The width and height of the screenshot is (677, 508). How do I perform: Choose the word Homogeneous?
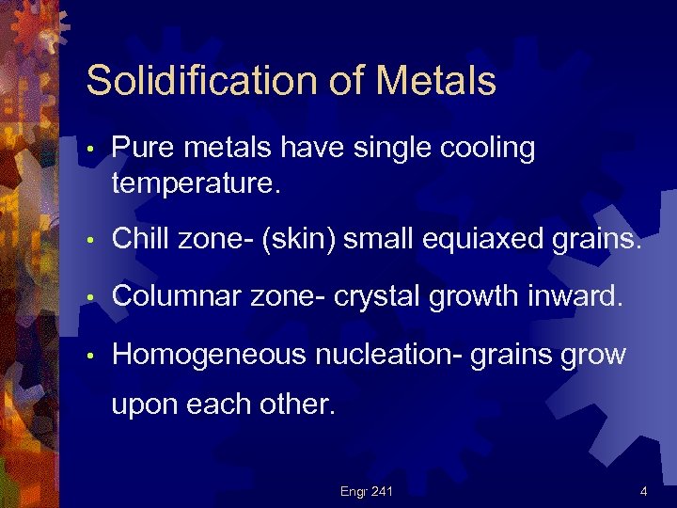[x=209, y=355]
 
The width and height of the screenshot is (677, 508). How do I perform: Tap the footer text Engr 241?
[x=368, y=490]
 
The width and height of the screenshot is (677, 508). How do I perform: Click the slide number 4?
[x=643, y=490]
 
